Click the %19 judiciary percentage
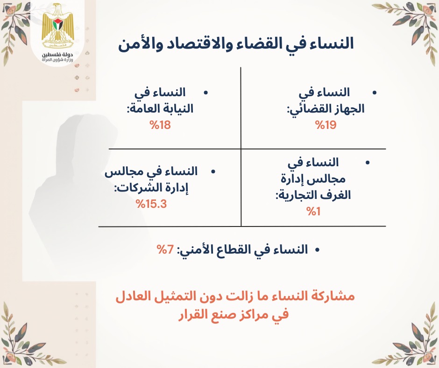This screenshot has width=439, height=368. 326,125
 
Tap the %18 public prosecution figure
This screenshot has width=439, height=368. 160,125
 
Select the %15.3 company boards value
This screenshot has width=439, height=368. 151,204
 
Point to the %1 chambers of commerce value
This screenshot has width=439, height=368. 313,212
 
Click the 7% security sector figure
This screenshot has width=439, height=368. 165,249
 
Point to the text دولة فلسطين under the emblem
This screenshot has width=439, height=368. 57,54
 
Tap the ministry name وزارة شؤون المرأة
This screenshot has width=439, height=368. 57,60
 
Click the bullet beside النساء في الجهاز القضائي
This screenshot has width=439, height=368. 375,93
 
